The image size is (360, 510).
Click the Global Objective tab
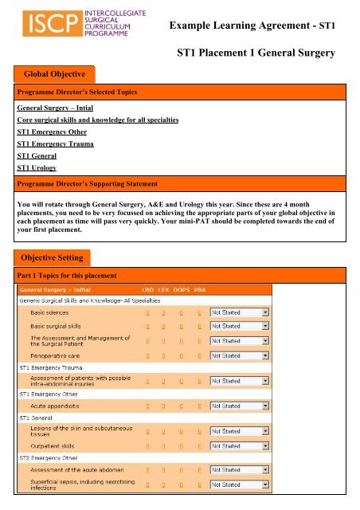pyautogui.click(x=53, y=73)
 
